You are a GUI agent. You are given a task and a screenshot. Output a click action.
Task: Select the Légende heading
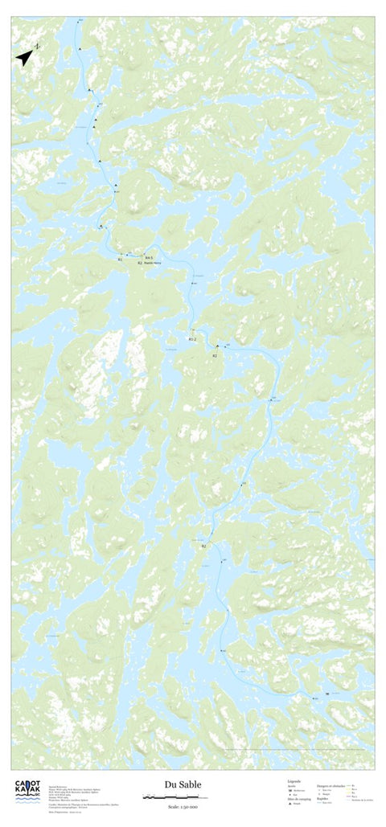coord(294,780)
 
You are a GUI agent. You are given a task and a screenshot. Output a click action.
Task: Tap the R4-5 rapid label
coord(150,257)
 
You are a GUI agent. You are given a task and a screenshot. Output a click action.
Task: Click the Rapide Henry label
coord(154,263)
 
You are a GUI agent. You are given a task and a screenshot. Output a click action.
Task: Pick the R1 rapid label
coord(120,260)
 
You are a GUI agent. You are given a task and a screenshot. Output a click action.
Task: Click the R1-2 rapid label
coord(192,339)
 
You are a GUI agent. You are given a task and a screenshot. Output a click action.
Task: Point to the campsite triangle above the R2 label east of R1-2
coord(216,347)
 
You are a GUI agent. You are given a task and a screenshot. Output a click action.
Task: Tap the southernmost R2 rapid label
coord(203,546)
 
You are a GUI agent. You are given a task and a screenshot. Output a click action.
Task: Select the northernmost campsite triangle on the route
coord(80,49)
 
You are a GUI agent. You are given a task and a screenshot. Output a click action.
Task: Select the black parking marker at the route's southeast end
coord(326,694)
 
